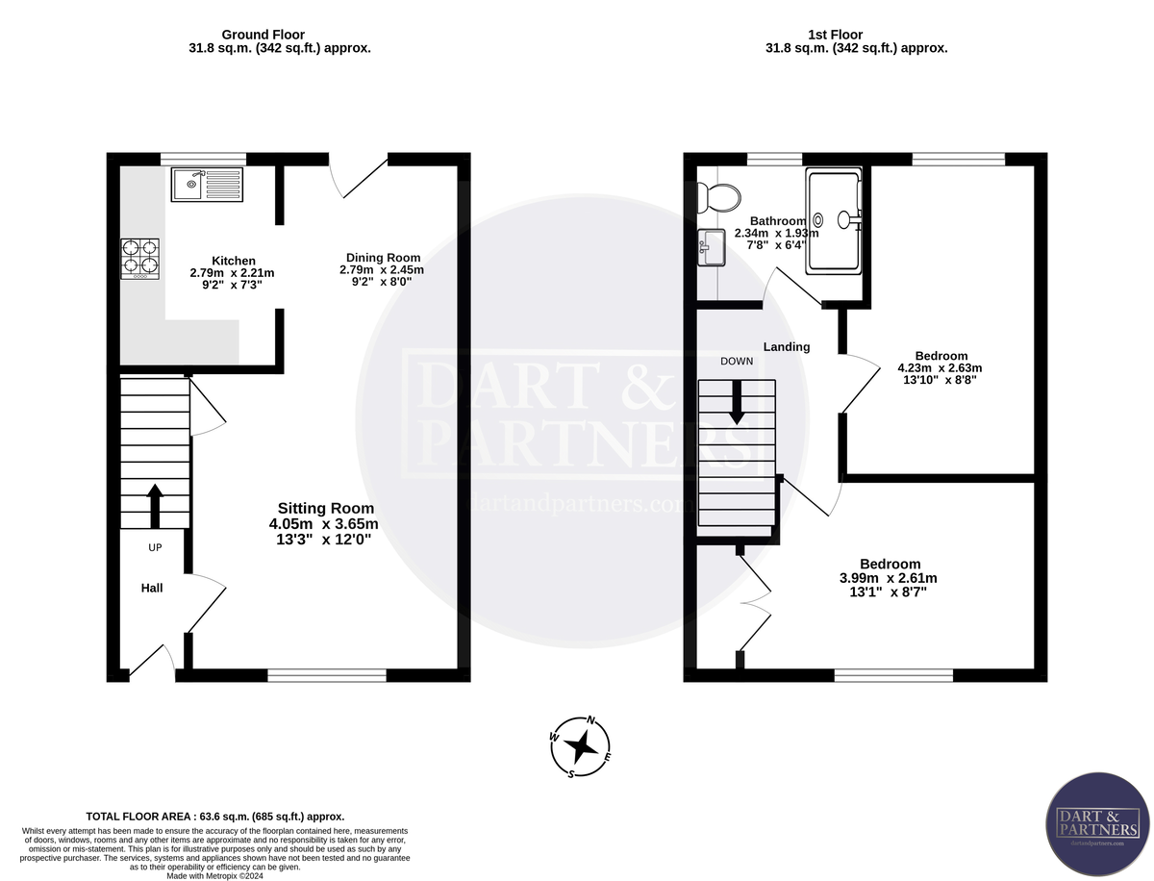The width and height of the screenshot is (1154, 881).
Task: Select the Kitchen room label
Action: click(234, 261)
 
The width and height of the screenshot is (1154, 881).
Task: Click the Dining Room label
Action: click(382, 258)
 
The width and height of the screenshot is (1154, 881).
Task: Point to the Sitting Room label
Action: click(325, 508)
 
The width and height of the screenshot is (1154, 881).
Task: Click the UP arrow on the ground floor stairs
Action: click(154, 505)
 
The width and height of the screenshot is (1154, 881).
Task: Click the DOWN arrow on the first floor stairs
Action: click(738, 402)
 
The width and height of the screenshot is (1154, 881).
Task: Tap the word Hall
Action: click(152, 588)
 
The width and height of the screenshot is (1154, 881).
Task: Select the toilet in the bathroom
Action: click(719, 199)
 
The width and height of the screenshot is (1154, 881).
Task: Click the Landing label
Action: click(787, 346)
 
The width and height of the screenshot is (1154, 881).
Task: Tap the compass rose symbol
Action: click(580, 746)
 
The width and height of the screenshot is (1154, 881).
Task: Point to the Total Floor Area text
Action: click(215, 815)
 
